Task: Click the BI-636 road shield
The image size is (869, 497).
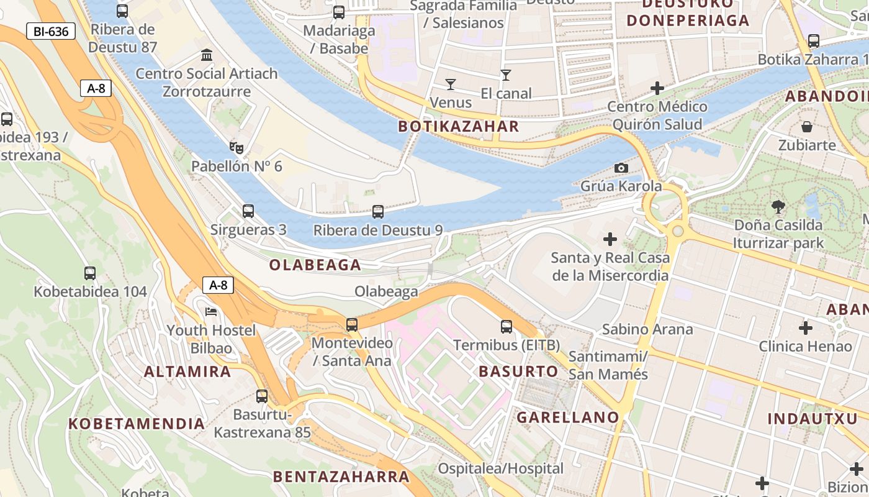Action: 51,31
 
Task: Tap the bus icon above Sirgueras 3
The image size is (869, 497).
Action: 248,211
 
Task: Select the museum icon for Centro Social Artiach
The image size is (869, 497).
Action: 207,55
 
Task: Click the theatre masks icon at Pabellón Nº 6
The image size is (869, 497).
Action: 236,148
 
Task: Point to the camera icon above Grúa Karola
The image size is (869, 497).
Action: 621,168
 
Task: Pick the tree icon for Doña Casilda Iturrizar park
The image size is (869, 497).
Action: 778,206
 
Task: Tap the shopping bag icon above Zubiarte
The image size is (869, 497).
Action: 807,127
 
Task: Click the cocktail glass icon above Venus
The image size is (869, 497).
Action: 451,84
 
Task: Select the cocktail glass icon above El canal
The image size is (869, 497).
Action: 506,75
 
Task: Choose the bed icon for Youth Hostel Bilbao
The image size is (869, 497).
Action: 211,311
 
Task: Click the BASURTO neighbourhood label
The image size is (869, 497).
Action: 518,372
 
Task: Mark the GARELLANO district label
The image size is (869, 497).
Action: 568,417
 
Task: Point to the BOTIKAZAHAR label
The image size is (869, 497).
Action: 458,127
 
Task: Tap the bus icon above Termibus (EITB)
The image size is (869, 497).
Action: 507,327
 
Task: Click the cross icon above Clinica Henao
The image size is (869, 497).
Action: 806,328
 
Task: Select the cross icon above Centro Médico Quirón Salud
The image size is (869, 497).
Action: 657,88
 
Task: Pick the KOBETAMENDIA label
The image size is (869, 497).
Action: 137,424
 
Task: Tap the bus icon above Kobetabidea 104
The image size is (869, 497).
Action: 90,273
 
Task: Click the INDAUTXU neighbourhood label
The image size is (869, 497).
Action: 812,419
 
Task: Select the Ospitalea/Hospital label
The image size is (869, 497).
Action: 501,468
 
